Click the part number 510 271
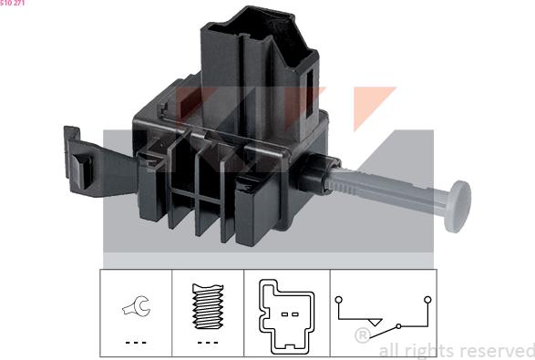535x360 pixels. click(x=13, y=4)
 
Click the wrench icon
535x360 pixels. click(x=135, y=310)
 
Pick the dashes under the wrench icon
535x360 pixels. click(x=135, y=342)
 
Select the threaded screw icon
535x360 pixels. click(x=209, y=306)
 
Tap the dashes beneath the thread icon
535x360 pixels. click(x=209, y=342)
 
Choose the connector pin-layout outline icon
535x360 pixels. click(x=285, y=314)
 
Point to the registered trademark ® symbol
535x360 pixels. click(x=362, y=336)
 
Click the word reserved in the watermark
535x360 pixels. click(x=497, y=350)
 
